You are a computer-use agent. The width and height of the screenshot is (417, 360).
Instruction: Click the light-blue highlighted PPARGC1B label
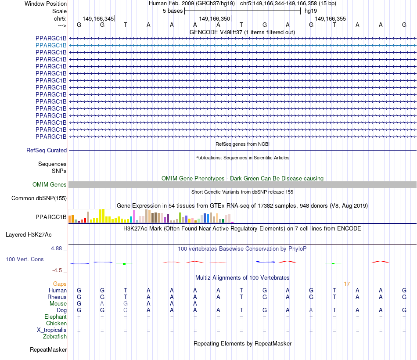[x=51, y=45]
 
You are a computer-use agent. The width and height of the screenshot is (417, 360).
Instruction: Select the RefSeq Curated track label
[x=47, y=151]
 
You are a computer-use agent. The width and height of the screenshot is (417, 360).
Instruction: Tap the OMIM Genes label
[x=50, y=185]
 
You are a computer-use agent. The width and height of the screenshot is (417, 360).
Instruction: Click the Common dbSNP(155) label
[x=39, y=198]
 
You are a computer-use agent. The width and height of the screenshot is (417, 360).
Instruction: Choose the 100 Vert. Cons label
[x=25, y=259]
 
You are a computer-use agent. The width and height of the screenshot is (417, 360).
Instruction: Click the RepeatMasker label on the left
[x=48, y=350]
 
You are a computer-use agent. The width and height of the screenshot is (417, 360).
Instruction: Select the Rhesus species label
[x=57, y=297]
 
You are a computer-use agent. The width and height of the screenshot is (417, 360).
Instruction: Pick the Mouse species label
[x=58, y=304]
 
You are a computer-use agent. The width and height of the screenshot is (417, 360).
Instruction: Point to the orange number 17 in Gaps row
[x=347, y=284]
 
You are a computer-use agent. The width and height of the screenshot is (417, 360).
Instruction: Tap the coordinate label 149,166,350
[x=214, y=19]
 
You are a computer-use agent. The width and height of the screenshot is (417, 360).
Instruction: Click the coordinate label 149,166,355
[x=331, y=19]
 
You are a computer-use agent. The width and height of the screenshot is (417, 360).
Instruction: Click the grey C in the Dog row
[x=126, y=310]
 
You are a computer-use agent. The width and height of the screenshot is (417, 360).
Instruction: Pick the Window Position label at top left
[x=46, y=4]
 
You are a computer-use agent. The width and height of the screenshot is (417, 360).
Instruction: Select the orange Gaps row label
[x=60, y=284]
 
